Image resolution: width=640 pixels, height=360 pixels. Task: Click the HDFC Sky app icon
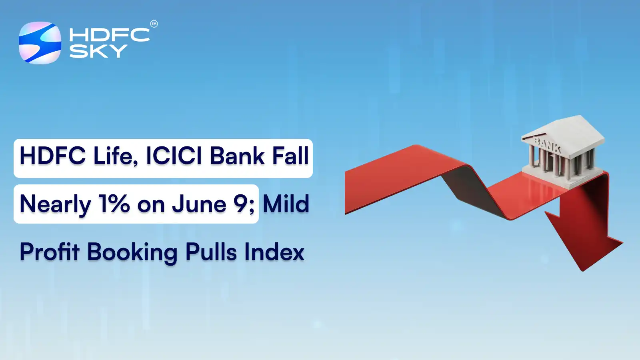(x=40, y=43)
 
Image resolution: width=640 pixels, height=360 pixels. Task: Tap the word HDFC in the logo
(x=109, y=35)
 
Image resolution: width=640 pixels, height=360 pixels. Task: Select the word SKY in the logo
(x=98, y=51)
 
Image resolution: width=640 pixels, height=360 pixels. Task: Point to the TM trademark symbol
(x=154, y=24)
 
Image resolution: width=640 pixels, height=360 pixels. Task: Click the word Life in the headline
(x=116, y=156)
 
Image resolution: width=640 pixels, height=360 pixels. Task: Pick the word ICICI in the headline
(x=174, y=156)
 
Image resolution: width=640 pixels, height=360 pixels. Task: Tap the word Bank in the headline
(x=238, y=156)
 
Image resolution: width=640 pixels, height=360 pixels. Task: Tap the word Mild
(x=286, y=204)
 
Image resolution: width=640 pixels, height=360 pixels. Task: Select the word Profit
(x=50, y=252)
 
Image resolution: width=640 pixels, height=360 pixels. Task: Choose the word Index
(x=274, y=252)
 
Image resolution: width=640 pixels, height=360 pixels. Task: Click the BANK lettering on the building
(x=548, y=144)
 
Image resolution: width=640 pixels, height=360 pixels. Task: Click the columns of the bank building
(x=560, y=162)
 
